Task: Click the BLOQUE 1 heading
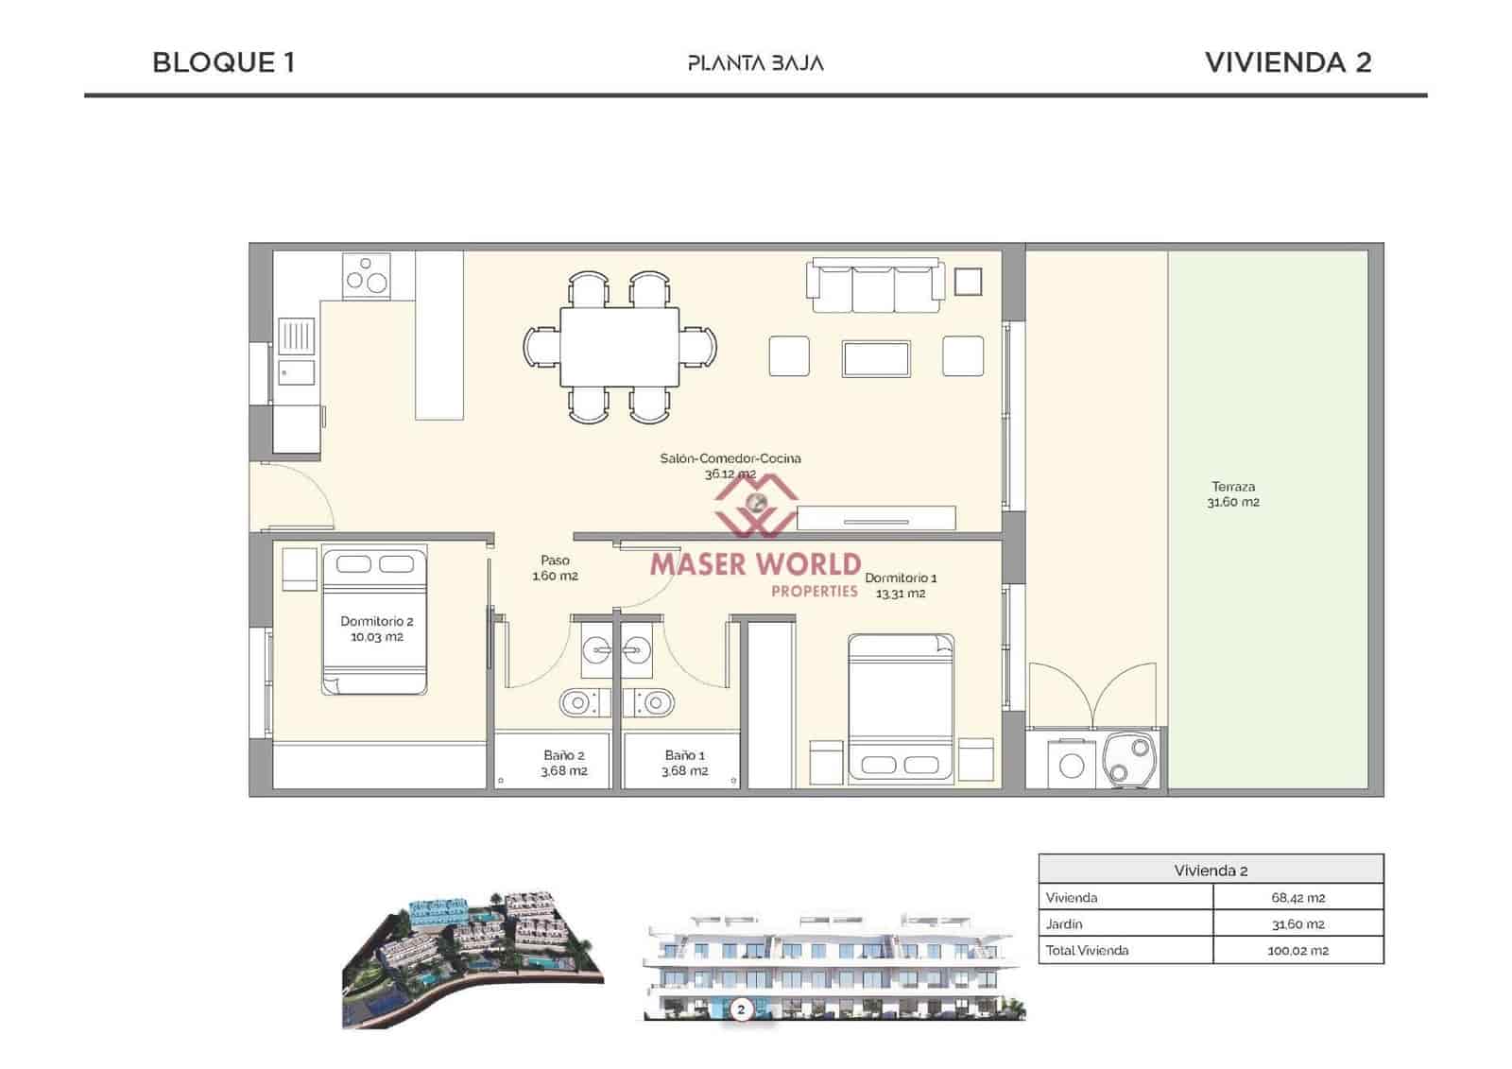tap(223, 62)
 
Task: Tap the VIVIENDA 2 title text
tap(1287, 62)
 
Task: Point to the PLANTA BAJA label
tap(755, 63)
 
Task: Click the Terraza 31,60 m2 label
tap(1232, 494)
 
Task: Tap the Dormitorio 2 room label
tap(377, 629)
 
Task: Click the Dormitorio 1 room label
tap(901, 585)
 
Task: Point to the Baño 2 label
tap(564, 763)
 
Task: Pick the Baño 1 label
tap(685, 763)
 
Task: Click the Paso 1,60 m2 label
tap(555, 568)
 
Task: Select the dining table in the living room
tap(619, 347)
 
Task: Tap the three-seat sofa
tap(875, 285)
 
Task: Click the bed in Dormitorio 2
tap(374, 620)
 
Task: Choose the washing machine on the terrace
tap(1072, 764)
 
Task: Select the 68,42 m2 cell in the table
tap(1297, 898)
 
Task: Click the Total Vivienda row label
tap(1087, 951)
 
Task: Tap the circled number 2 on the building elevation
tap(741, 1010)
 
